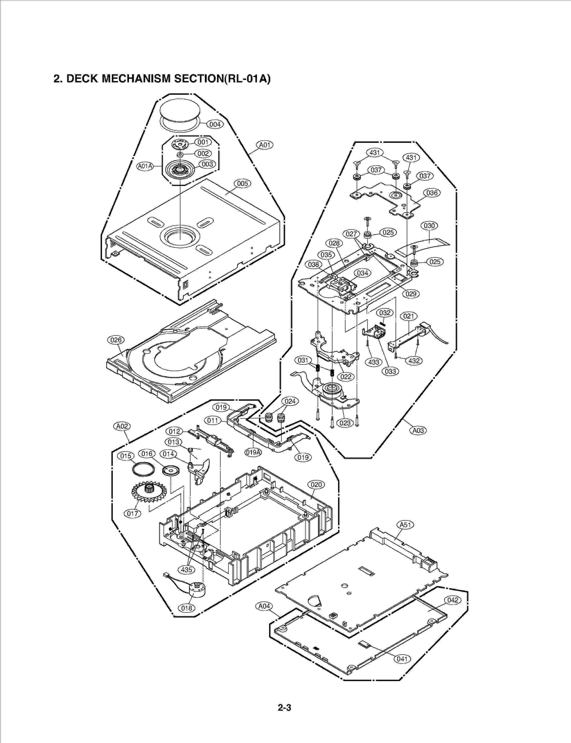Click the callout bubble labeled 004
click(215, 124)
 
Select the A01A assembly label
click(145, 166)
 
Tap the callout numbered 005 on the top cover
click(242, 183)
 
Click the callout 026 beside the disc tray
click(116, 340)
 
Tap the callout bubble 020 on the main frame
click(316, 485)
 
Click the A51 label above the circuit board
click(405, 525)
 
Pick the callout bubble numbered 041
click(402, 659)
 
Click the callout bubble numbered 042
click(453, 600)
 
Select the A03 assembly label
click(418, 430)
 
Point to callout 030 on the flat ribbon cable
click(429, 226)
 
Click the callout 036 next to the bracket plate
click(432, 193)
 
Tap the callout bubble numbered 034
click(363, 273)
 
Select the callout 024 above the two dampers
click(290, 401)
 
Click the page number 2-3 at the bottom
click(284, 707)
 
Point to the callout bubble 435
click(187, 570)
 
